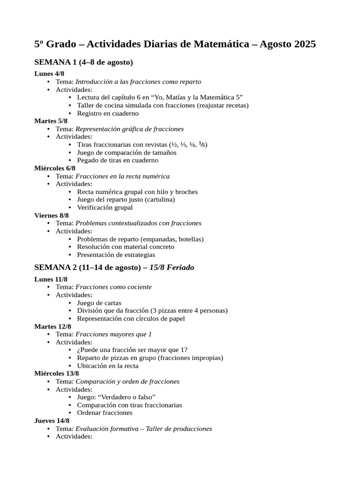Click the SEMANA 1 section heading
click(x=83, y=62)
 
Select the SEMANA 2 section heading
click(x=114, y=267)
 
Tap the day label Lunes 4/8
click(x=49, y=74)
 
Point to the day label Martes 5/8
click(x=51, y=121)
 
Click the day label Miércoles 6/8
click(x=55, y=168)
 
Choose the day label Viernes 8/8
click(x=52, y=216)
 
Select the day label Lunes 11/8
click(x=51, y=279)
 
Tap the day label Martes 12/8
click(x=52, y=327)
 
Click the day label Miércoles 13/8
click(x=56, y=374)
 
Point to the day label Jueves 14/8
click(x=52, y=421)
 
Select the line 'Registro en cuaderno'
click(x=108, y=113)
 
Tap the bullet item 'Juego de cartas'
click(x=99, y=303)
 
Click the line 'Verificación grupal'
click(x=105, y=207)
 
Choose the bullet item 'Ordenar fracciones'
click(x=105, y=413)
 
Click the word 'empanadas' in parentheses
click(x=159, y=239)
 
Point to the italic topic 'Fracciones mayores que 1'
click(x=113, y=334)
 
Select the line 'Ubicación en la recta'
click(x=107, y=366)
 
